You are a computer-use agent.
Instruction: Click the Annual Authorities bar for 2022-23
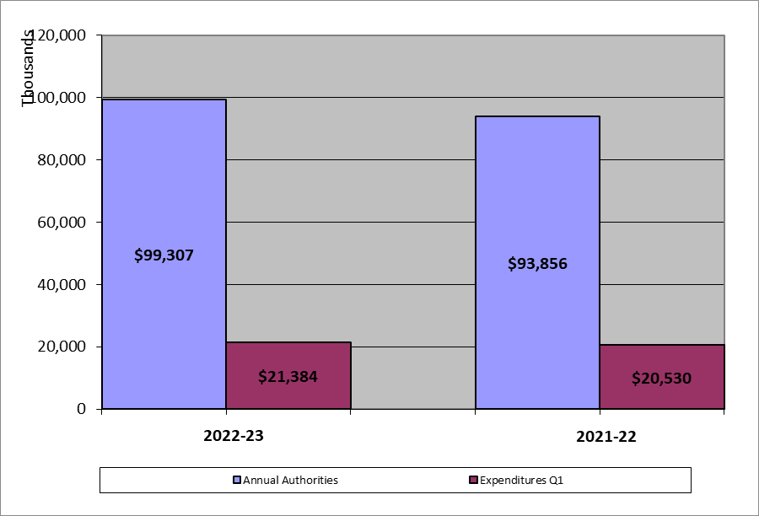click(164, 185)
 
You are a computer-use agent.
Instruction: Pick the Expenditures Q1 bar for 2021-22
click(662, 396)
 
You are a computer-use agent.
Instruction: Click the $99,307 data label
click(164, 255)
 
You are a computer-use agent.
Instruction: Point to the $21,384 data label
click(288, 376)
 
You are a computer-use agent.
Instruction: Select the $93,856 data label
click(537, 263)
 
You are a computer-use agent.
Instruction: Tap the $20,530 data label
click(662, 379)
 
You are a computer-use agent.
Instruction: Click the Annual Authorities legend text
click(290, 481)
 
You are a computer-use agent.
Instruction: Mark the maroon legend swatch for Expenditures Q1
click(472, 481)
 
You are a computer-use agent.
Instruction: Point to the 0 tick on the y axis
click(82, 409)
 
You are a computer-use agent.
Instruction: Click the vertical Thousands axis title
click(29, 67)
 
